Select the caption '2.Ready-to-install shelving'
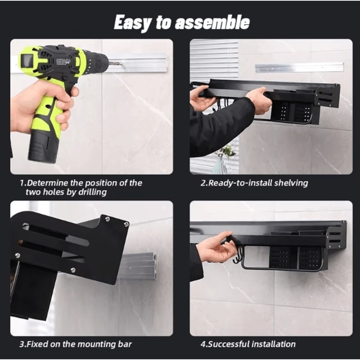254,183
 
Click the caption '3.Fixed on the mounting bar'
75,344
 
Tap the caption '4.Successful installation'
248,344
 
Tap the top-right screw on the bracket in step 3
126,224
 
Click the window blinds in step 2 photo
215,59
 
